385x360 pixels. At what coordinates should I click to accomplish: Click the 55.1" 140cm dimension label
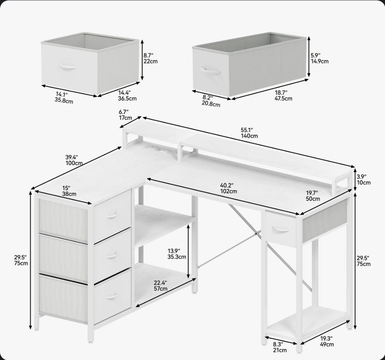[x=249, y=133]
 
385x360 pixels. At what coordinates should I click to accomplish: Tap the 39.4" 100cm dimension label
[x=74, y=160]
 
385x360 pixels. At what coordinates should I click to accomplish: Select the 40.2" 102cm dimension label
[x=228, y=188]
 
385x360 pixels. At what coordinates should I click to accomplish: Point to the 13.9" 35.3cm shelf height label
[x=177, y=254]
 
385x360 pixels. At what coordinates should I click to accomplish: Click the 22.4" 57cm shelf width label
[x=161, y=286]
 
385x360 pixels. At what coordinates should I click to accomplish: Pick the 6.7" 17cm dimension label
[x=125, y=115]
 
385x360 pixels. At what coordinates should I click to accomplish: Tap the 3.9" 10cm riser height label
[x=364, y=180]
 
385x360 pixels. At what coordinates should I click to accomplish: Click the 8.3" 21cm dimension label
[x=280, y=347]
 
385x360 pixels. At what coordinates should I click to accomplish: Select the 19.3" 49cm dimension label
[x=327, y=341]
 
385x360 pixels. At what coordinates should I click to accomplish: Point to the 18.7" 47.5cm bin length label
[x=283, y=96]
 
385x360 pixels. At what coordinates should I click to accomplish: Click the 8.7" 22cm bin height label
[x=151, y=58]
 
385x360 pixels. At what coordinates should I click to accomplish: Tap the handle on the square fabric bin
[x=67, y=67]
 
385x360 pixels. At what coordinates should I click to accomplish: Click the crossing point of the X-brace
[x=257, y=232]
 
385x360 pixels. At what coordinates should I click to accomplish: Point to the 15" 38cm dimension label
[x=69, y=191]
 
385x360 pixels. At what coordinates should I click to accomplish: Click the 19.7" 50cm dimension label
[x=313, y=196]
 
